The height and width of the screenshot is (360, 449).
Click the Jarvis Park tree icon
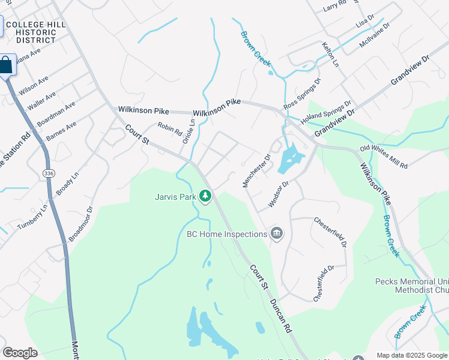[205, 196]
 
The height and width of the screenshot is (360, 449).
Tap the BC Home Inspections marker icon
[276, 233]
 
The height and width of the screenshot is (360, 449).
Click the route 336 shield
[48, 173]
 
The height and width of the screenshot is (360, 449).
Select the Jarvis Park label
[175, 196]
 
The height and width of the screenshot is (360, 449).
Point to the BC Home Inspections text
[226, 234]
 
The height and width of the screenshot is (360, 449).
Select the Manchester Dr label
[257, 170]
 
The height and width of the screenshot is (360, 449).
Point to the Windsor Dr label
[279, 194]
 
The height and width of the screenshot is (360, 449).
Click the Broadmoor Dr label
[80, 224]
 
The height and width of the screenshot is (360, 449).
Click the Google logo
[20, 353]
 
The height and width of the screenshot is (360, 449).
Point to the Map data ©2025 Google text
[412, 355]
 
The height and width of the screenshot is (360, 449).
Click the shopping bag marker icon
[6, 65]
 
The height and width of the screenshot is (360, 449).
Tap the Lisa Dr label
[364, 22]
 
